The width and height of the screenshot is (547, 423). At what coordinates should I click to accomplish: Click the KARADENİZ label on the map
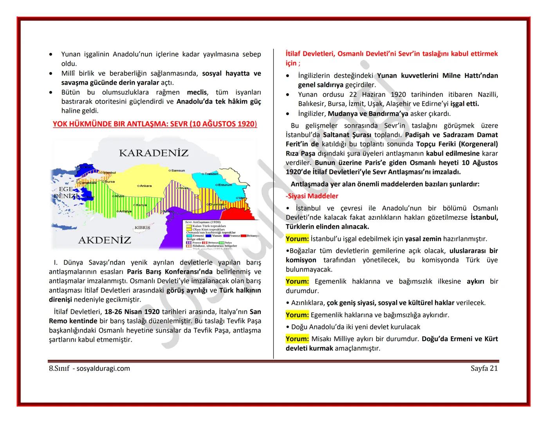tap(153, 153)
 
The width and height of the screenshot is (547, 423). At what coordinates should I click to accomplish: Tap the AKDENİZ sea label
tap(105, 240)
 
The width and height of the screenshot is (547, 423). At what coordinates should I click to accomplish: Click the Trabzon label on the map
tap(211, 174)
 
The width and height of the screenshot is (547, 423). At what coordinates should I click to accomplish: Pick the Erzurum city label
tap(225, 185)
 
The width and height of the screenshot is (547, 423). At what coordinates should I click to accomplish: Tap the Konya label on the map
tap(141, 205)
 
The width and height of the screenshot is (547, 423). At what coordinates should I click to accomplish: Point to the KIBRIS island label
tap(142, 228)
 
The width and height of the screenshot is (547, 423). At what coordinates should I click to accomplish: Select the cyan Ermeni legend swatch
tap(189, 236)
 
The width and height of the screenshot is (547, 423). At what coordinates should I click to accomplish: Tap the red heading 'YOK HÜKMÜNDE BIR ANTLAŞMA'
tap(155, 124)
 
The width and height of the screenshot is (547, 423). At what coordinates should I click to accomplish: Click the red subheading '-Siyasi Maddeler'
tap(312, 196)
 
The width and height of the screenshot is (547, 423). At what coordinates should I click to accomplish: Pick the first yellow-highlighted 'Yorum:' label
tap(297, 239)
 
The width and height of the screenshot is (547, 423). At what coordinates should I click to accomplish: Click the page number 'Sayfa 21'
tap(484, 368)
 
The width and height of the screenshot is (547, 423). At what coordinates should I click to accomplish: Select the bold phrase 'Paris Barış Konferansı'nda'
tap(170, 271)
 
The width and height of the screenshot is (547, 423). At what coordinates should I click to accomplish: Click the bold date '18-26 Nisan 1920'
tap(132, 312)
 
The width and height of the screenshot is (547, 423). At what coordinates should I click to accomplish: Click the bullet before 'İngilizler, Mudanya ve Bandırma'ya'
tap(288, 114)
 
